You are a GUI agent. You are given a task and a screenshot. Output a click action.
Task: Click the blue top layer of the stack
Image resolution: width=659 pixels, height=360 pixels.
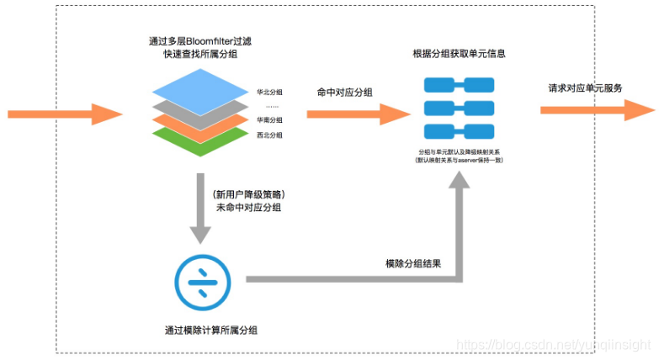coord(199,86)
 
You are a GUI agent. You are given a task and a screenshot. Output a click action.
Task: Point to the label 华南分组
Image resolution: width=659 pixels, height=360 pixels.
coord(269,120)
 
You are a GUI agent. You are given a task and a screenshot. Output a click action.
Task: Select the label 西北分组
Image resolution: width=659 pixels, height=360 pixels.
coord(269,135)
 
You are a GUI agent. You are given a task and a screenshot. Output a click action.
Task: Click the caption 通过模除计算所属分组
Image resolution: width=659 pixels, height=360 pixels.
coord(211,330)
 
